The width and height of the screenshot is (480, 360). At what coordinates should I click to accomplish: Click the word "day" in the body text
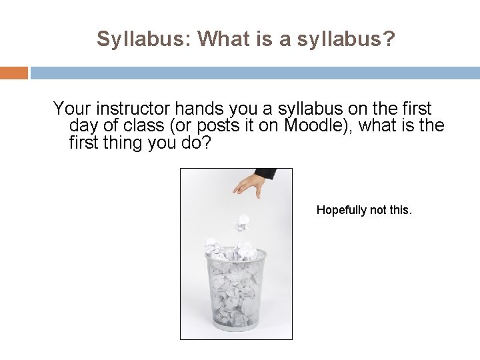click(84, 125)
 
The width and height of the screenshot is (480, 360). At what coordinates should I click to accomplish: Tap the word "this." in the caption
click(399, 211)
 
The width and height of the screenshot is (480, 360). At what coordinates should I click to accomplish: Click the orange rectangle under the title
click(14, 72)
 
